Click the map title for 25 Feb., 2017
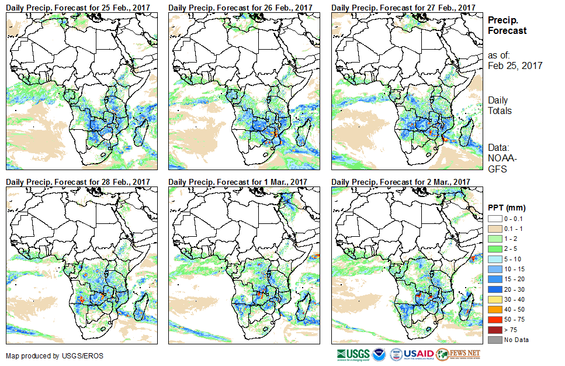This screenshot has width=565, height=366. tap(78, 7)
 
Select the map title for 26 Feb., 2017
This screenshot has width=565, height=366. tap(241, 7)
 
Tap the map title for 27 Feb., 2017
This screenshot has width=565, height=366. tap(403, 7)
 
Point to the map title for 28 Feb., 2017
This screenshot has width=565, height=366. tap(78, 182)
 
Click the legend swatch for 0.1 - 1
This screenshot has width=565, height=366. tap(494, 229)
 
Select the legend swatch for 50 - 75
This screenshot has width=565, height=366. tap(494, 320)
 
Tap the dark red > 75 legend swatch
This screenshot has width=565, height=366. tap(494, 330)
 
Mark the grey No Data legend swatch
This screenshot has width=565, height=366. tap(494, 340)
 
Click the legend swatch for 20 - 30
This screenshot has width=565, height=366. tap(494, 290)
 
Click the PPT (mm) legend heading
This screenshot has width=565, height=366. tap(507, 208)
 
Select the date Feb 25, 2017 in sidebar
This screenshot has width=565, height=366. tap(515, 66)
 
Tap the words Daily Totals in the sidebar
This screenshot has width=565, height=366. tap(500, 105)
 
